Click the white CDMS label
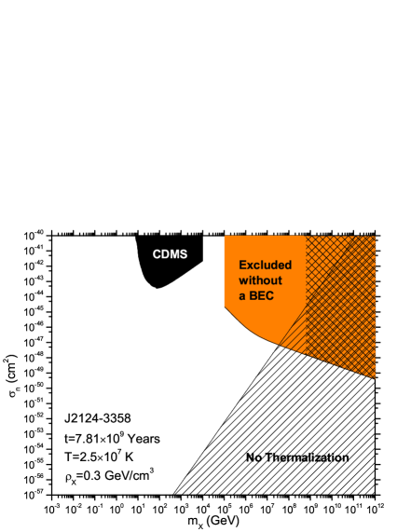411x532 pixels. click(x=170, y=254)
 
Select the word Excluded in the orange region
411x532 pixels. click(x=266, y=265)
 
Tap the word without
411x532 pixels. click(x=260, y=280)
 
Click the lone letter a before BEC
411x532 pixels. click(x=242, y=297)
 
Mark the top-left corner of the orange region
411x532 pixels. click(x=225, y=237)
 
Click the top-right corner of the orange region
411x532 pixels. click(x=375, y=237)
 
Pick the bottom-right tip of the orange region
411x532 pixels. click(x=375, y=378)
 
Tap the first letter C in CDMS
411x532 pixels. click(x=158, y=254)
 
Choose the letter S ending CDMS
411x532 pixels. click(x=183, y=254)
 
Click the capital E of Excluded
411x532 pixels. click(x=243, y=265)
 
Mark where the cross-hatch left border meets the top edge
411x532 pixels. click(x=307, y=237)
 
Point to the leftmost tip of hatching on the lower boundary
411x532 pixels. click(x=280, y=347)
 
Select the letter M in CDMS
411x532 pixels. click(x=174, y=254)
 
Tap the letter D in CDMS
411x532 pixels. click(x=166, y=254)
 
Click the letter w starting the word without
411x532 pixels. click(x=243, y=280)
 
